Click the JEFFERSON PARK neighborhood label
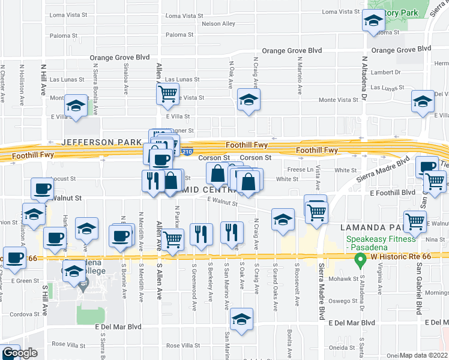click(x=97, y=142)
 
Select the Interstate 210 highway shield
click(x=188, y=152)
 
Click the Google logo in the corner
click(x=20, y=353)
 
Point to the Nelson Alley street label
click(x=218, y=24)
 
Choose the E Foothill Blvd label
click(x=393, y=193)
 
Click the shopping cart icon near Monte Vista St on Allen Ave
click(x=167, y=93)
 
